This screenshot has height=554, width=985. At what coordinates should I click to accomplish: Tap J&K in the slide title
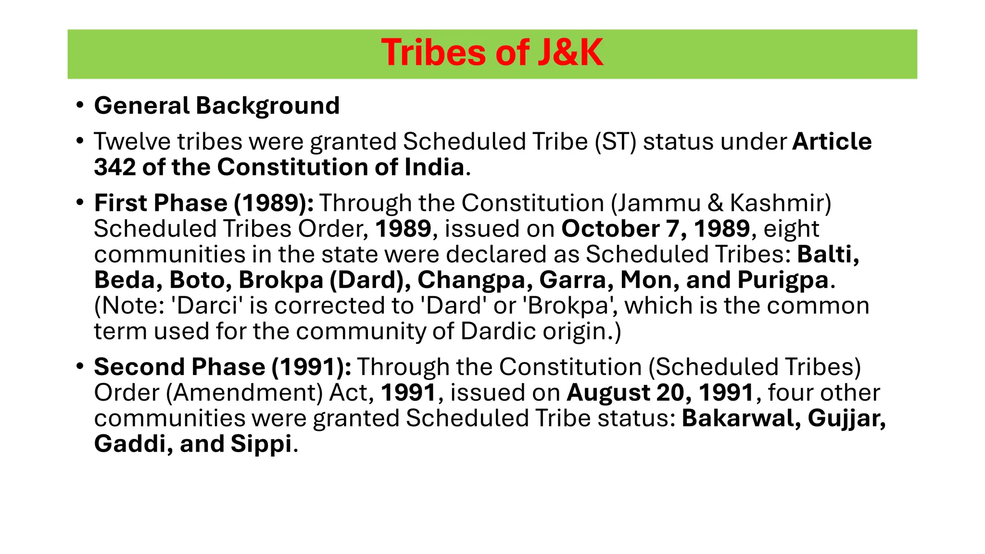tap(570, 53)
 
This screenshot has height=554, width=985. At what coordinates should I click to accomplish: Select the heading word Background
tap(267, 106)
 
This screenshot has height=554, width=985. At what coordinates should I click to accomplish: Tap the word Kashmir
tap(780, 203)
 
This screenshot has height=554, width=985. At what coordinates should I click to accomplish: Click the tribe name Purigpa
tap(783, 280)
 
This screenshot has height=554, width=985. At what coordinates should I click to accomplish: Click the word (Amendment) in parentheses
tap(244, 393)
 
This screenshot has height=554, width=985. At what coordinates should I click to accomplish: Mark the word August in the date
tap(608, 393)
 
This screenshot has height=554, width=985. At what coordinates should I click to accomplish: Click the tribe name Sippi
tap(261, 444)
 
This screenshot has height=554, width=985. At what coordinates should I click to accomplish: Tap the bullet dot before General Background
tap(80, 105)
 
